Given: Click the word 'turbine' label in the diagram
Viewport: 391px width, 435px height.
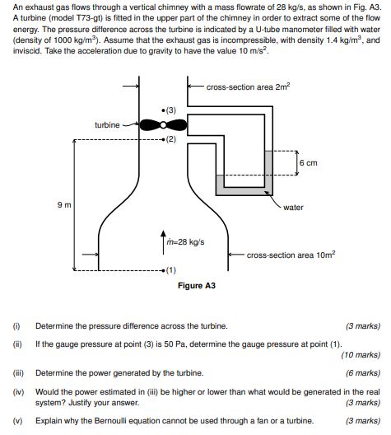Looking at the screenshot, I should tap(107, 124).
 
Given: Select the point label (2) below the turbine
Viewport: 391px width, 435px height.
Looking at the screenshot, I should tap(170, 139).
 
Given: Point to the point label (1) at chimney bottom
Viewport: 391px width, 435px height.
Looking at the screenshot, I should tap(170, 270).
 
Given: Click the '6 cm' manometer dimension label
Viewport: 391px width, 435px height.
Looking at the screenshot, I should tap(309, 162).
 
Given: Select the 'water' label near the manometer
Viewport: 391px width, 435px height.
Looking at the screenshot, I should tap(293, 207).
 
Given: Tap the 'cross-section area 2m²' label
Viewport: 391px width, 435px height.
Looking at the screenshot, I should tap(248, 87).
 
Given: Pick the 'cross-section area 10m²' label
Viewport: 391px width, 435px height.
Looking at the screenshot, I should tap(291, 255).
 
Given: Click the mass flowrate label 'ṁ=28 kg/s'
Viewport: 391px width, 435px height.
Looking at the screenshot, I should tap(184, 241).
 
